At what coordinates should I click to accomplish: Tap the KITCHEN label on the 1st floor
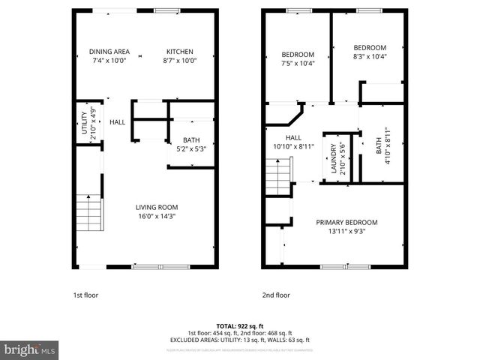pos(180,51)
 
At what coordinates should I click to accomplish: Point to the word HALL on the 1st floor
pos(118,122)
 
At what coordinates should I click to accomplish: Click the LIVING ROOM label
pos(156,207)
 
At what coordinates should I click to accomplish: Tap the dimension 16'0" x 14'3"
pos(156,217)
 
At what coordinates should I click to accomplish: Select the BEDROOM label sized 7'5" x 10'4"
pos(298,54)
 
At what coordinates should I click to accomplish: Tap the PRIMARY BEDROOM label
pos(346,223)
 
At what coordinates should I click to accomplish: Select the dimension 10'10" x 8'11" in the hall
pos(293,147)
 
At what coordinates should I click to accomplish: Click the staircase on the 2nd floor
pos(279,178)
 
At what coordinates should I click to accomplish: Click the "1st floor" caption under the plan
pos(85,295)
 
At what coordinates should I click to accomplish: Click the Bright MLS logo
pos(30,349)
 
